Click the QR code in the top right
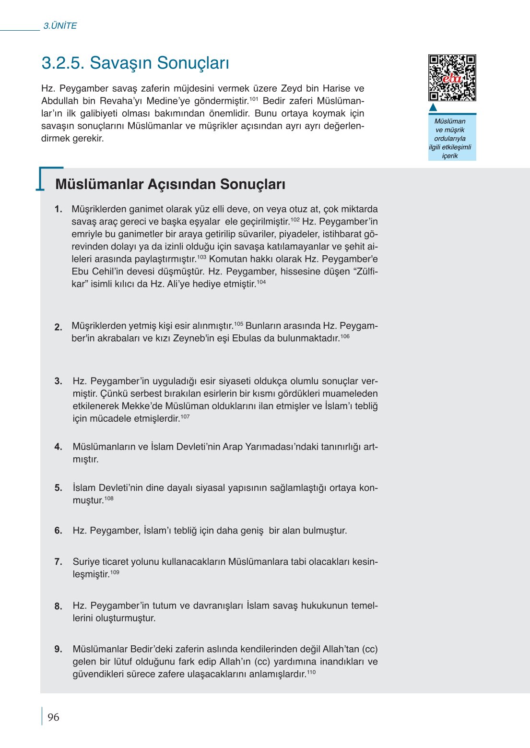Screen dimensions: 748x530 pyautogui.click(x=452, y=78)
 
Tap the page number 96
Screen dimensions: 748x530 pyautogui.click(x=53, y=717)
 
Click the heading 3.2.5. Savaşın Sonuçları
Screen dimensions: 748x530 pyautogui.click(x=135, y=63)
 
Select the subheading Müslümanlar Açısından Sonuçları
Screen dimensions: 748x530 pyautogui.click(x=170, y=184)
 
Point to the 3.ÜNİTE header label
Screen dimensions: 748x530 pyautogui.click(x=60, y=26)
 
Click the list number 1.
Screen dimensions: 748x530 pyautogui.click(x=59, y=209)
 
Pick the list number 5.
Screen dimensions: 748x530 pyautogui.click(x=59, y=488)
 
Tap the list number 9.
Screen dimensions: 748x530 pyautogui.click(x=59, y=649)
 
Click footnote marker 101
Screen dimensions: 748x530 pyautogui.click(x=254, y=99)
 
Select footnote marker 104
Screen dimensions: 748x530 pyautogui.click(x=261, y=282)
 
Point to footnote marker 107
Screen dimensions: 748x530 pyautogui.click(x=185, y=416)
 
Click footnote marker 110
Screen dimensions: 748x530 pyautogui.click(x=311, y=672)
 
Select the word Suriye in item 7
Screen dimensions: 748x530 pyautogui.click(x=86, y=561)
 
